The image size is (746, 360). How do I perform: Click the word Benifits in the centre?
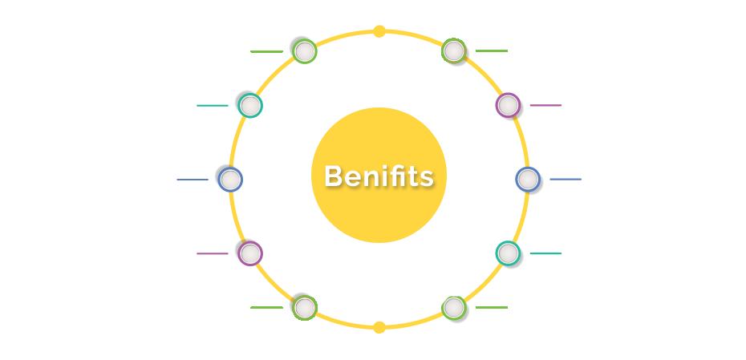point(379,176)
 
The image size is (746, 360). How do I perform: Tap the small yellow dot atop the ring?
point(379,31)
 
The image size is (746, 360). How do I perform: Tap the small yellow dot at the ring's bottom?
point(379,327)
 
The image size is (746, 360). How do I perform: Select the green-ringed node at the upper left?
point(305,51)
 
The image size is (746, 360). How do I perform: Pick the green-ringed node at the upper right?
point(453,51)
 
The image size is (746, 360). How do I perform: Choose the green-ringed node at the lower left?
point(305,308)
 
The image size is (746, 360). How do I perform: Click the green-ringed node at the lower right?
point(453,308)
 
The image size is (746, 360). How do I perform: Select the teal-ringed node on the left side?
point(250,106)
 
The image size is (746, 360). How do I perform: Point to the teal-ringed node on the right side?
point(508,253)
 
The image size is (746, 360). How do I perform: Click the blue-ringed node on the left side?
point(230,180)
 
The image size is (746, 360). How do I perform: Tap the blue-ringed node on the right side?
point(528,180)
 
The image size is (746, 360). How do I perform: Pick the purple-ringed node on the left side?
point(250,253)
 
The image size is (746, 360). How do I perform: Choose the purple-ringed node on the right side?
point(508,105)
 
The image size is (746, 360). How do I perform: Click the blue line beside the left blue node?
point(193,180)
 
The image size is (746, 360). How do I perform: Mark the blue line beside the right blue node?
point(566,180)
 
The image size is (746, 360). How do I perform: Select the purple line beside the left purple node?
point(213,253)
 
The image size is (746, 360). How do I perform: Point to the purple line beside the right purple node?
point(545,105)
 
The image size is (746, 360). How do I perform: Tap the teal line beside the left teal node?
point(213,106)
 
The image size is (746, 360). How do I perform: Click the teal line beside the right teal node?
point(545,253)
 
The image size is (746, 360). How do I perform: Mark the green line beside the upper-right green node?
point(492,51)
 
